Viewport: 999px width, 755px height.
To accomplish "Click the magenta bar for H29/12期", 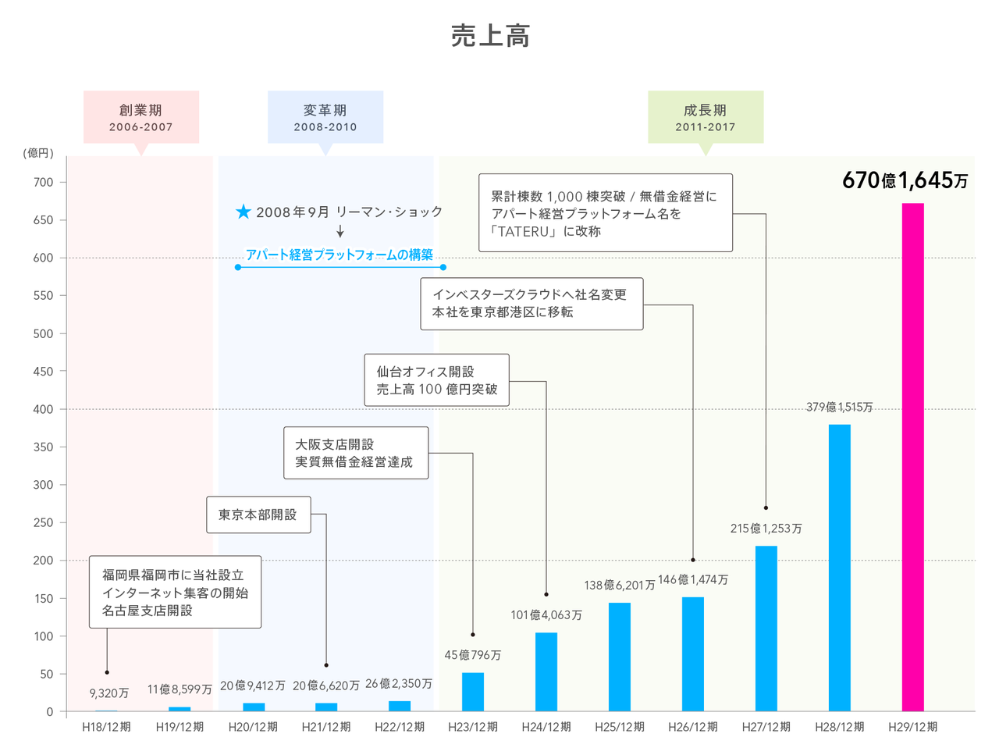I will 912,457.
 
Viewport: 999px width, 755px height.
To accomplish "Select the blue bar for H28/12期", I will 839,568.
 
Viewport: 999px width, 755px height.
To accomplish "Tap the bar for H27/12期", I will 766,628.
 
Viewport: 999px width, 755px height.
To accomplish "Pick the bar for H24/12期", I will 546,671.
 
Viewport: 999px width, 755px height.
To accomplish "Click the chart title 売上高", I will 491,36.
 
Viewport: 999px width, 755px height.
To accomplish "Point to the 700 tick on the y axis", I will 44,183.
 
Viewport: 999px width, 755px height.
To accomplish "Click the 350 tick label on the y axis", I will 44,447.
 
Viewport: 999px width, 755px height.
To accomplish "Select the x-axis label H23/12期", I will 473,727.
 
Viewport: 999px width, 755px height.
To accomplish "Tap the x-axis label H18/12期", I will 107,727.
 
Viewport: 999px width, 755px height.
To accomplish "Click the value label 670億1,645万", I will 905,180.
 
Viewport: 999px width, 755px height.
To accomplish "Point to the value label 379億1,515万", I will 839,407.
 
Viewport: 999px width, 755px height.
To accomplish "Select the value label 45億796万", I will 473,655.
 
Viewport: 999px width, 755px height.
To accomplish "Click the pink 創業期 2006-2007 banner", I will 141,117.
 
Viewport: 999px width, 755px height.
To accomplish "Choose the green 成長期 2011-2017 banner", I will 706,117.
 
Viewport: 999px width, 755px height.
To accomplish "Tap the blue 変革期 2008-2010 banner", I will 325,117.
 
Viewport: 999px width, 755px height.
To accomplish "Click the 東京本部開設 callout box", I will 258,515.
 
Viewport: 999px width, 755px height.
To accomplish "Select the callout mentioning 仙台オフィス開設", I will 436,380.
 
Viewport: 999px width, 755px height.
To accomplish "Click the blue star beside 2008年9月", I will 244,212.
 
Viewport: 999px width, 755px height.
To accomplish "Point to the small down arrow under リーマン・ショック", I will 340,232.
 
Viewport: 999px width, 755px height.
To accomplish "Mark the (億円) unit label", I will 38,153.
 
